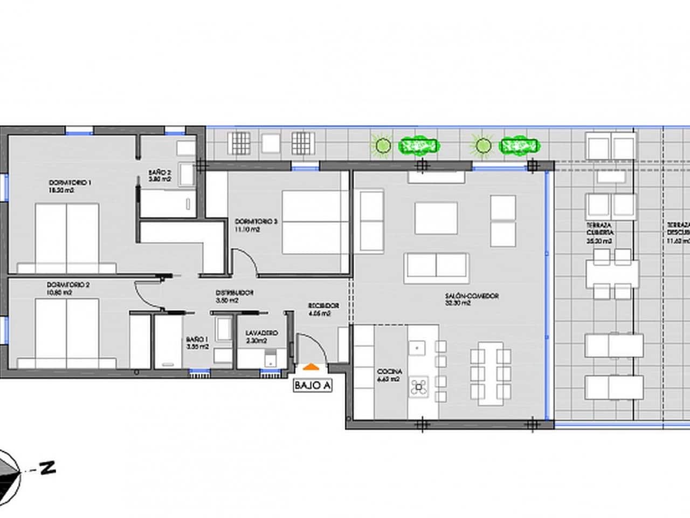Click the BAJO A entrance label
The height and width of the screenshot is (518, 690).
312,386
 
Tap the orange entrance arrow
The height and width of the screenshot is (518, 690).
310,367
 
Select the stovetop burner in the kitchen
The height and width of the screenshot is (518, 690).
419,386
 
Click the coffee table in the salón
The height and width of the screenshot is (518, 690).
436,218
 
